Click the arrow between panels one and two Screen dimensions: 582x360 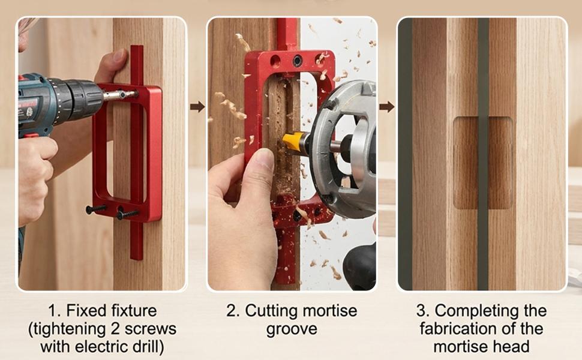pyautogui.click(x=197, y=107)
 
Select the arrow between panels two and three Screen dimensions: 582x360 pyautogui.click(x=387, y=107)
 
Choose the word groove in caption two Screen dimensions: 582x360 pyautogui.click(x=292, y=329)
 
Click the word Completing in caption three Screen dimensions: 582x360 pyautogui.click(x=475, y=311)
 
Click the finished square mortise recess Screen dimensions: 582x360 pyautogui.click(x=483, y=163)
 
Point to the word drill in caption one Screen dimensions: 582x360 pyautogui.click(x=148, y=347)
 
